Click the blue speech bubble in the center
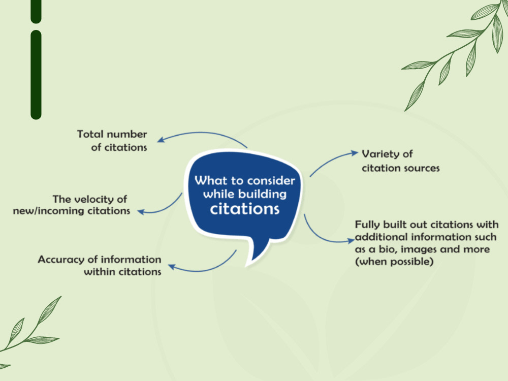(x=243, y=198)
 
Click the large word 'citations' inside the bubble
(x=245, y=209)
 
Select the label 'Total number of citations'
(x=112, y=141)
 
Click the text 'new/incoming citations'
(x=71, y=211)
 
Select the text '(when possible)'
(x=394, y=262)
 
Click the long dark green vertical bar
(x=36, y=75)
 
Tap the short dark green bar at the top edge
(x=36, y=11)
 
